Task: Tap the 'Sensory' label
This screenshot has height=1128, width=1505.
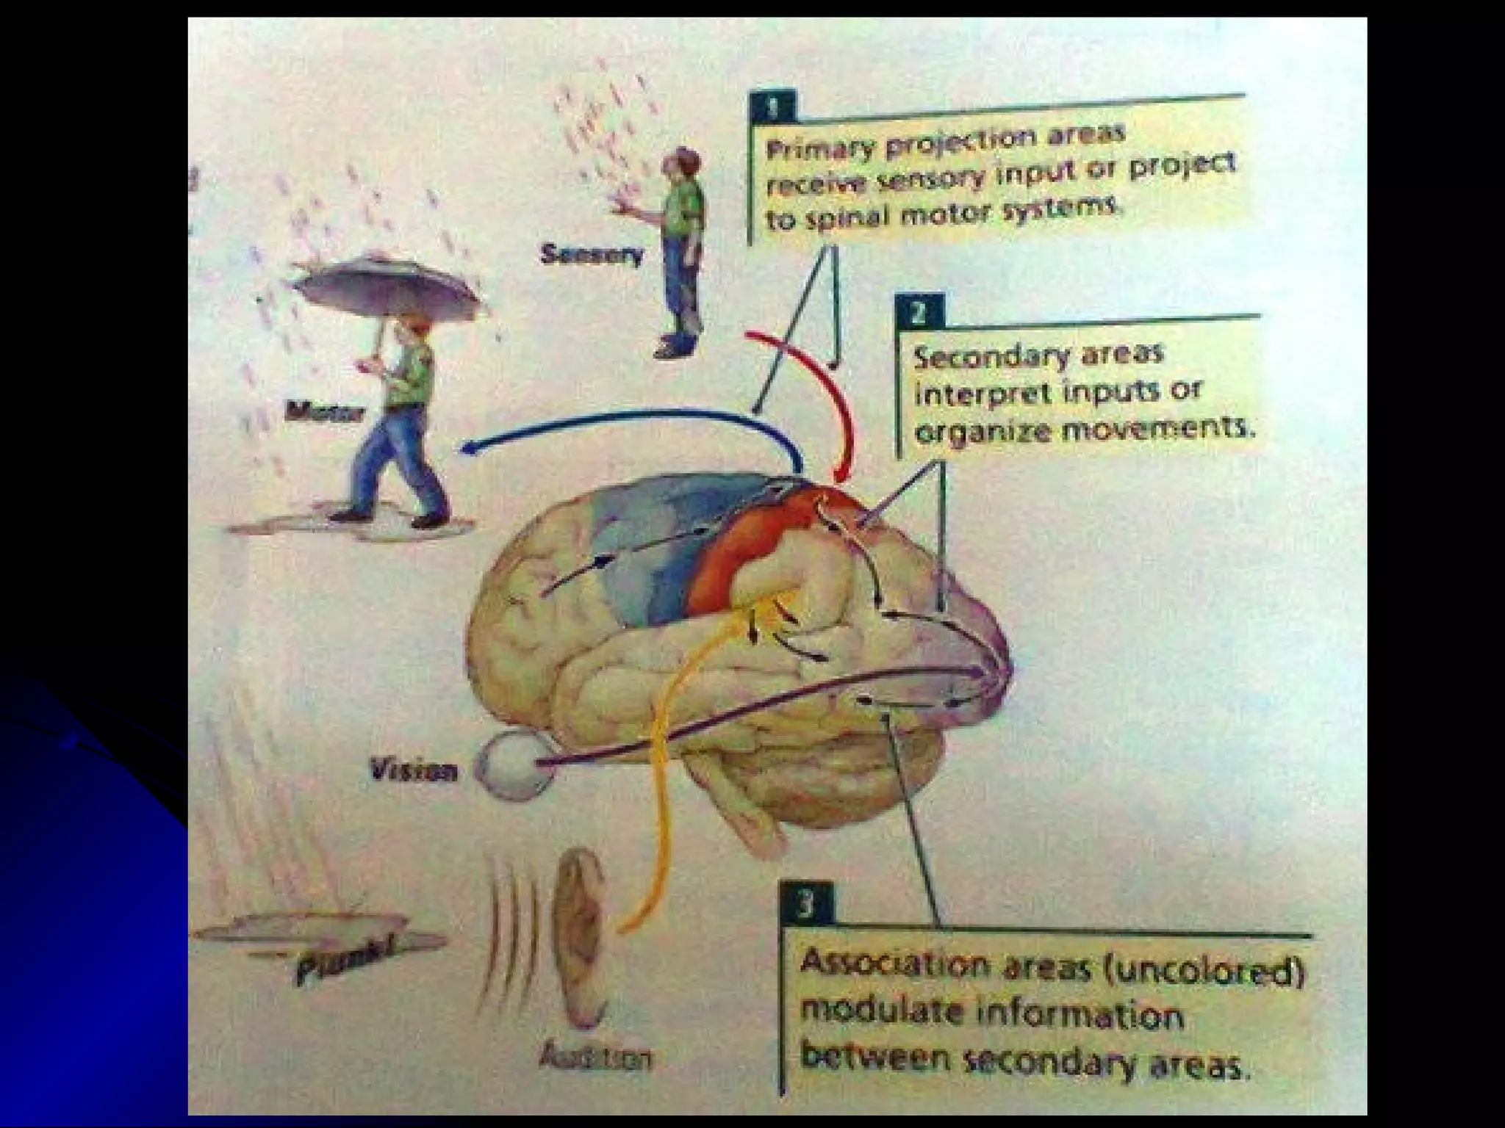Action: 592,255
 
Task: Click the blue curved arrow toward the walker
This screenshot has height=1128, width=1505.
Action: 625,422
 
